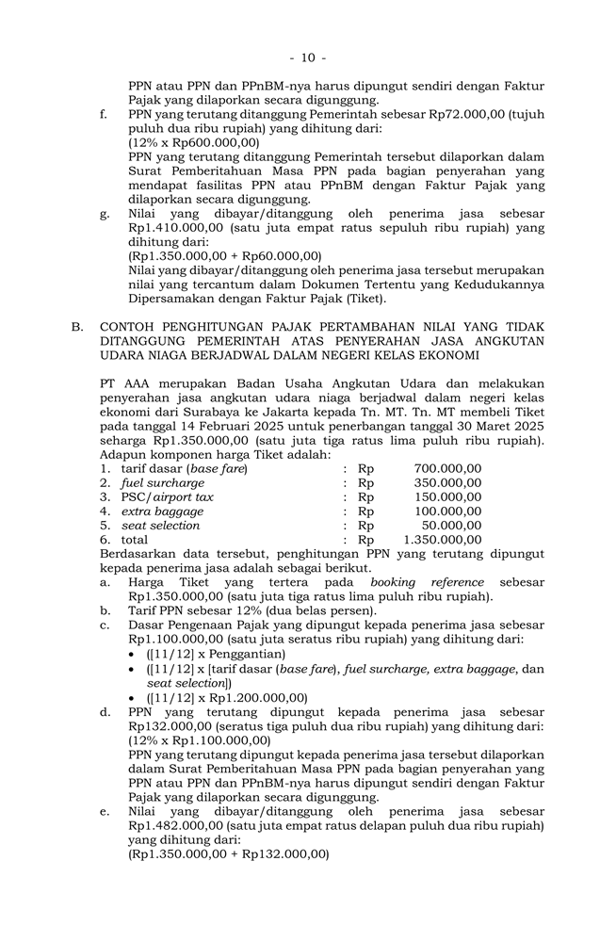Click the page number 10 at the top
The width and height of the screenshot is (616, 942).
[x=308, y=58]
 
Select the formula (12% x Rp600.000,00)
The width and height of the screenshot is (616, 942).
[x=194, y=142]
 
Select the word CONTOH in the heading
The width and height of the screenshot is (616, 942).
[x=130, y=327]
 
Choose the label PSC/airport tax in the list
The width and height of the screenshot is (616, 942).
[x=167, y=496]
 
